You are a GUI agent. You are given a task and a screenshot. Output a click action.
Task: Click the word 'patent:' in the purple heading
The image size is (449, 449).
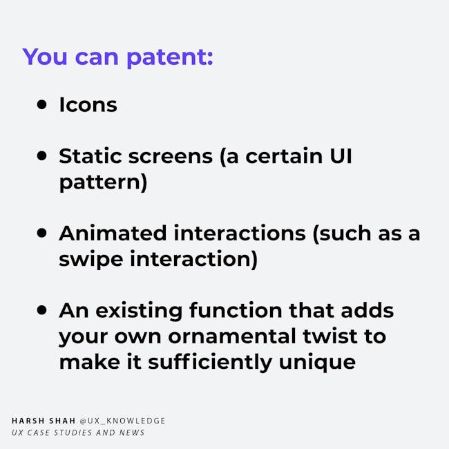coord(170,58)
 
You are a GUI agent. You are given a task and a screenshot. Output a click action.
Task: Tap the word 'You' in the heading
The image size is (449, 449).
coord(45,57)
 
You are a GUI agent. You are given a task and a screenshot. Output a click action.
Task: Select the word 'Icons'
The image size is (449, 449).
coord(88,104)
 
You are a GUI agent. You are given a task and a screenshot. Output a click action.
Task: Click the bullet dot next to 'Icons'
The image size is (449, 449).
coord(42,104)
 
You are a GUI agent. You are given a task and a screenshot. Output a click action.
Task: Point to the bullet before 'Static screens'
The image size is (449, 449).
coord(42,156)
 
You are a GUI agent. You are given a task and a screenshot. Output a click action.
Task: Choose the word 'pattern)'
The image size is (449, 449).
coord(103,182)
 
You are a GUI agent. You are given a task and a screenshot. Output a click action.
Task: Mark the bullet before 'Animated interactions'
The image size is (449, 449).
coord(42,233)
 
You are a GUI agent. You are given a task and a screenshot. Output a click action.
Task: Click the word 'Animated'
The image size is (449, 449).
coord(113,233)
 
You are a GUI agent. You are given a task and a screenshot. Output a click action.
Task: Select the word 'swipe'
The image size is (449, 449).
coord(91,260)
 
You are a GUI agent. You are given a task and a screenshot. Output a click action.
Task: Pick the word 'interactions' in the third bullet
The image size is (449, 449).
coord(240,233)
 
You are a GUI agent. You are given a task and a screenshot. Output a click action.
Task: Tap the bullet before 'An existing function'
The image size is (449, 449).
coord(42,310)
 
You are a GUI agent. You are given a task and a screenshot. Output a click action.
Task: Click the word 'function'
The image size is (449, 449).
coord(236,310)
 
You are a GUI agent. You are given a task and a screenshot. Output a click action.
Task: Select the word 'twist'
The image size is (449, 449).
coord(330,336)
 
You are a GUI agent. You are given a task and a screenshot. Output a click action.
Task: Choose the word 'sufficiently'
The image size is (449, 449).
coord(210,363)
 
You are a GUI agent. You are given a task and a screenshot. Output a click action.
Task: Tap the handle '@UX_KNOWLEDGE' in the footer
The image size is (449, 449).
coord(122,421)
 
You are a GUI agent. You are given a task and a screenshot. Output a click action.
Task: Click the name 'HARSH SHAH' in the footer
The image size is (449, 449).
coord(44,421)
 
